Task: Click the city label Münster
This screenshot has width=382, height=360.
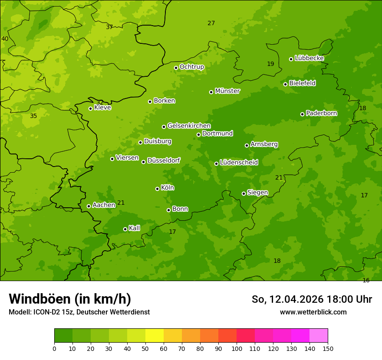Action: (x=227, y=91)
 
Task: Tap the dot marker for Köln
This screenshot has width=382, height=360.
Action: (x=157, y=189)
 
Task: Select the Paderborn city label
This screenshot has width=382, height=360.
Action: (x=321, y=113)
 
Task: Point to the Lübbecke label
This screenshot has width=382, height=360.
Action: (x=309, y=58)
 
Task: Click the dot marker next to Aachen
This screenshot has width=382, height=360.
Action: (x=89, y=206)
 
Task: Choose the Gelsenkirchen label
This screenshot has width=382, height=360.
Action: (x=189, y=126)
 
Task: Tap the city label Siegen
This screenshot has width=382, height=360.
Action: (x=257, y=193)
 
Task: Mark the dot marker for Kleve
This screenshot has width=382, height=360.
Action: (x=90, y=108)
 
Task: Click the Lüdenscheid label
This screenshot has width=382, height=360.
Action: (x=239, y=163)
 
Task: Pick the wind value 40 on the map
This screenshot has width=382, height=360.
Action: (x=5, y=39)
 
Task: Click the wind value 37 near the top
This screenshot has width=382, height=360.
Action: (x=109, y=27)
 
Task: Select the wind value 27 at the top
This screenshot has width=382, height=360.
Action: (x=211, y=23)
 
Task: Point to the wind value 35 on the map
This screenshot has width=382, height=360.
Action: (x=33, y=116)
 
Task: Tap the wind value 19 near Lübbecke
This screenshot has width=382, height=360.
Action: (x=270, y=64)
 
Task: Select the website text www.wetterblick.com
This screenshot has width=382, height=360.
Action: (x=313, y=312)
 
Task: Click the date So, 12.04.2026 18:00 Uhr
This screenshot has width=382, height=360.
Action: (x=312, y=299)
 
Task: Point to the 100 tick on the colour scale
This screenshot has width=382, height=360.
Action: (x=237, y=348)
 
